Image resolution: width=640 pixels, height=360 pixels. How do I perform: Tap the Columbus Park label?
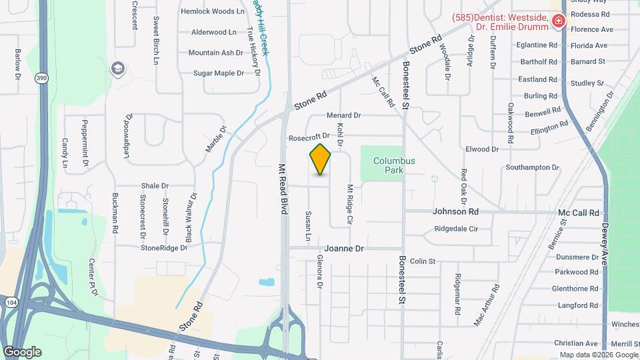tap(394, 165)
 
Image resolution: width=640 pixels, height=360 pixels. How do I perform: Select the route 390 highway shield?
tap(42, 78)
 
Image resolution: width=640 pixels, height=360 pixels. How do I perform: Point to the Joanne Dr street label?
tap(349, 249)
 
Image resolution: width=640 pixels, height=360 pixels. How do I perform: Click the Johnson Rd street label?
tap(455, 212)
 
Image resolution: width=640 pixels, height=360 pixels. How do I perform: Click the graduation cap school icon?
tap(118, 68)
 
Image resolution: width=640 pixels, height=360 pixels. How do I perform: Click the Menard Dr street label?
tap(343, 115)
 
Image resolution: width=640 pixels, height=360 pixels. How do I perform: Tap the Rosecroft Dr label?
tap(309, 137)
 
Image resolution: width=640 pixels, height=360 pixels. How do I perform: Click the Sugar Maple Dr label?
tap(219, 73)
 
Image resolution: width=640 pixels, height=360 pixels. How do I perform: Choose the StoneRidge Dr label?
tap(164, 247)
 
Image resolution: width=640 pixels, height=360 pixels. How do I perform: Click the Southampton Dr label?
tap(532, 167)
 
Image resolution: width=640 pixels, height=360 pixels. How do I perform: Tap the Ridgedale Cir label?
tap(456, 229)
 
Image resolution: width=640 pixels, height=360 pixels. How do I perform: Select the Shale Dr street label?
tap(155, 186)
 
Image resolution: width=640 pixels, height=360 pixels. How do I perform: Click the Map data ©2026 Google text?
tap(598, 354)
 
